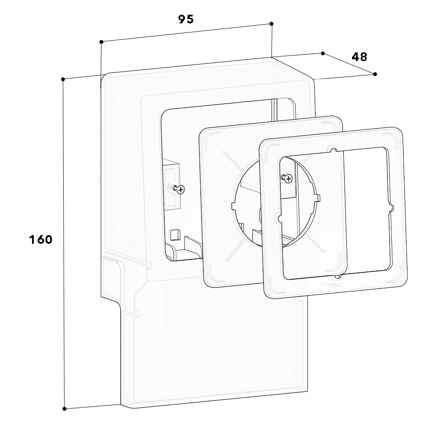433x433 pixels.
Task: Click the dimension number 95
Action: click(186, 19)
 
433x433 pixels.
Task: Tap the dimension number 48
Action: click(359, 57)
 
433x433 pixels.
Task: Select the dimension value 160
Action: click(41, 239)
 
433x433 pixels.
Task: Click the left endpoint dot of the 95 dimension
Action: click(101, 42)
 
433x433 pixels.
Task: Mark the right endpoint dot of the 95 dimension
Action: click(271, 24)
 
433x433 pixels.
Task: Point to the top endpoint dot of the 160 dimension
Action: click(63, 79)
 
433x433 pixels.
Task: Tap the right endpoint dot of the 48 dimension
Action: click(375, 74)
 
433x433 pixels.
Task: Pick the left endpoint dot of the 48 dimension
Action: click(323, 53)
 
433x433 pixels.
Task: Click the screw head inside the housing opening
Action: click(181, 190)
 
